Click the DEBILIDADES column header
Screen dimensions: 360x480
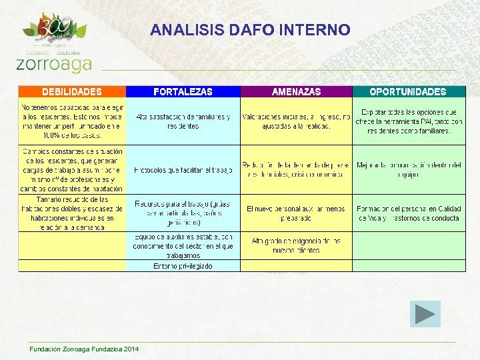coord(72,92)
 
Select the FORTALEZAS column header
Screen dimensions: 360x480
coord(183,92)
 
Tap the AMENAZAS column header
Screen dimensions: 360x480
coord(296,92)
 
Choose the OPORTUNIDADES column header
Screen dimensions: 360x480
coord(408,92)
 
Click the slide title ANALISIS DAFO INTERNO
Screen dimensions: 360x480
coord(250,30)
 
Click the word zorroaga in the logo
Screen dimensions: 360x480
coord(53,63)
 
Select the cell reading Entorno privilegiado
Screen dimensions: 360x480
coord(183,266)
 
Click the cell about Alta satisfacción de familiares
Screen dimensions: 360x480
coord(183,121)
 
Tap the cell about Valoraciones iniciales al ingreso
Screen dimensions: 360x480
coord(296,121)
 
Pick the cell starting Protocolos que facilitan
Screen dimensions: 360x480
coord(183,170)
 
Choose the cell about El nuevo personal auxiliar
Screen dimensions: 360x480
coord(296,213)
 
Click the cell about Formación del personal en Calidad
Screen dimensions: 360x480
coord(408,213)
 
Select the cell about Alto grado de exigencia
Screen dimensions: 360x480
coord(296,245)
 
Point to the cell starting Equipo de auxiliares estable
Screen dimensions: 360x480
coord(183,245)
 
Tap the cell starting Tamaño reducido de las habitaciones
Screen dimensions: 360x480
coord(72,213)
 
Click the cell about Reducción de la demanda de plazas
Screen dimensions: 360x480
coord(296,170)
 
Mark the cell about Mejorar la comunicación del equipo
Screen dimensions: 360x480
coord(408,170)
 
